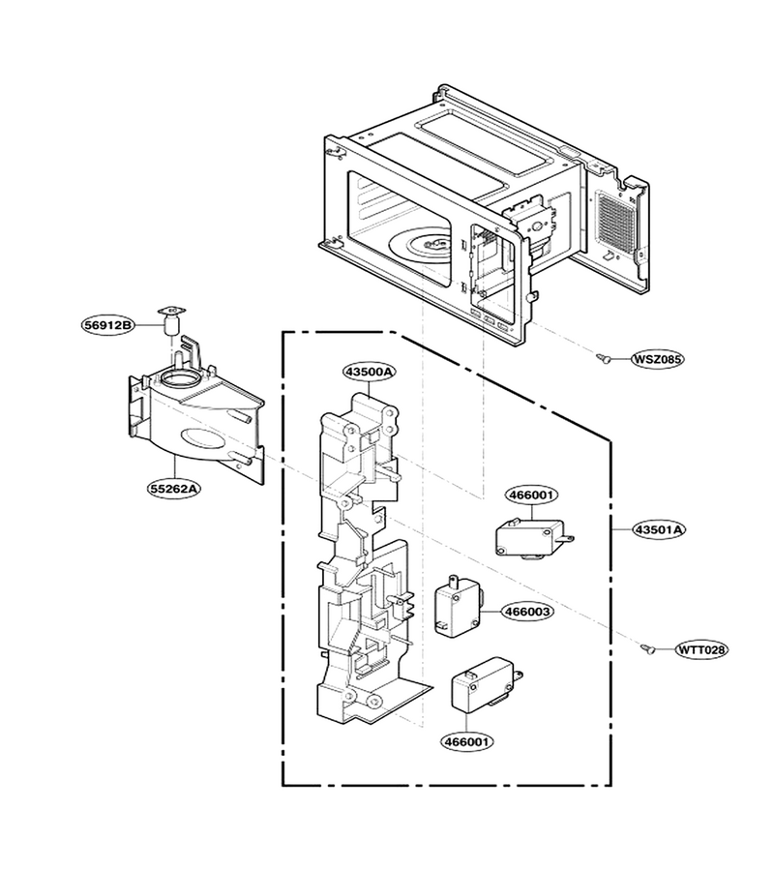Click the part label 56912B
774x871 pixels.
click(x=108, y=325)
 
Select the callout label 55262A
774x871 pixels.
click(x=174, y=489)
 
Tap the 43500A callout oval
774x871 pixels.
click(x=368, y=372)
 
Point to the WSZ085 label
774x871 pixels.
click(x=657, y=359)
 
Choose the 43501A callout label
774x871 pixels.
click(x=659, y=530)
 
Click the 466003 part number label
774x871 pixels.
click(x=527, y=612)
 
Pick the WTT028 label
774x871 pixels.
click(x=701, y=649)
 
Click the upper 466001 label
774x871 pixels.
click(x=531, y=495)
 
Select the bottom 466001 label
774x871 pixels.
click(x=467, y=741)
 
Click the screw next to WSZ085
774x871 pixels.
click(x=603, y=358)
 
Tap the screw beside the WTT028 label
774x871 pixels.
click(x=647, y=647)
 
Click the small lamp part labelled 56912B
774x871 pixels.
click(x=172, y=321)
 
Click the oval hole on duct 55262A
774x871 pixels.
click(x=203, y=438)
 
